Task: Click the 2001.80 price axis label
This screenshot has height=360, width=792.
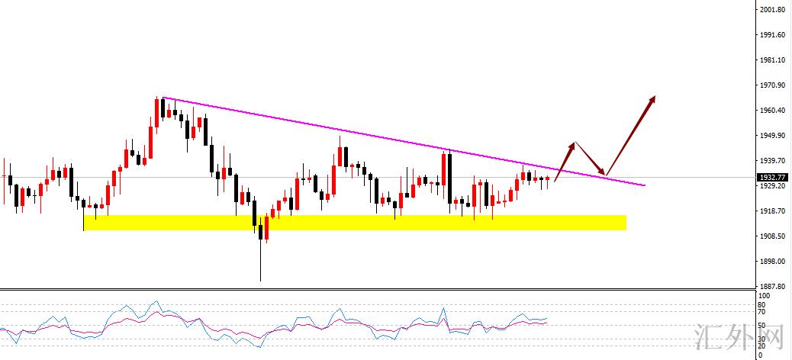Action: tap(773, 10)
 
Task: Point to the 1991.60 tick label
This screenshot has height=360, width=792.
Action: tap(773, 35)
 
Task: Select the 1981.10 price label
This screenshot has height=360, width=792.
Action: tap(773, 60)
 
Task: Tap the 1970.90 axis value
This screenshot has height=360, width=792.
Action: tap(773, 85)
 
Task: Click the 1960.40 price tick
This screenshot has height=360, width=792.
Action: tap(773, 111)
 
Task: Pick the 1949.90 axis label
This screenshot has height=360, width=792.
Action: tap(773, 136)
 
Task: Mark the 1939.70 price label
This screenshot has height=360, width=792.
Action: tap(773, 161)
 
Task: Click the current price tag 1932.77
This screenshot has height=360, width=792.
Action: tap(772, 178)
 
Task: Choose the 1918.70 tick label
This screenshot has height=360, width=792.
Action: tap(773, 211)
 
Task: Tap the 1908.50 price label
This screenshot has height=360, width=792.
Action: tap(773, 236)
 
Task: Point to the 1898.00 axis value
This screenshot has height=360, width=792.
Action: tap(773, 262)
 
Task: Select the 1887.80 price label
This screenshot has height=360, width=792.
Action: tap(773, 287)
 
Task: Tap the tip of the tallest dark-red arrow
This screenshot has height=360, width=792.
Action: tap(655, 97)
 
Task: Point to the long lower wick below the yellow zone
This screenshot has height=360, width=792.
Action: tap(260, 263)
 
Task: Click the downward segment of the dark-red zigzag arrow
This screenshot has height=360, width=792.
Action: tap(591, 159)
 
